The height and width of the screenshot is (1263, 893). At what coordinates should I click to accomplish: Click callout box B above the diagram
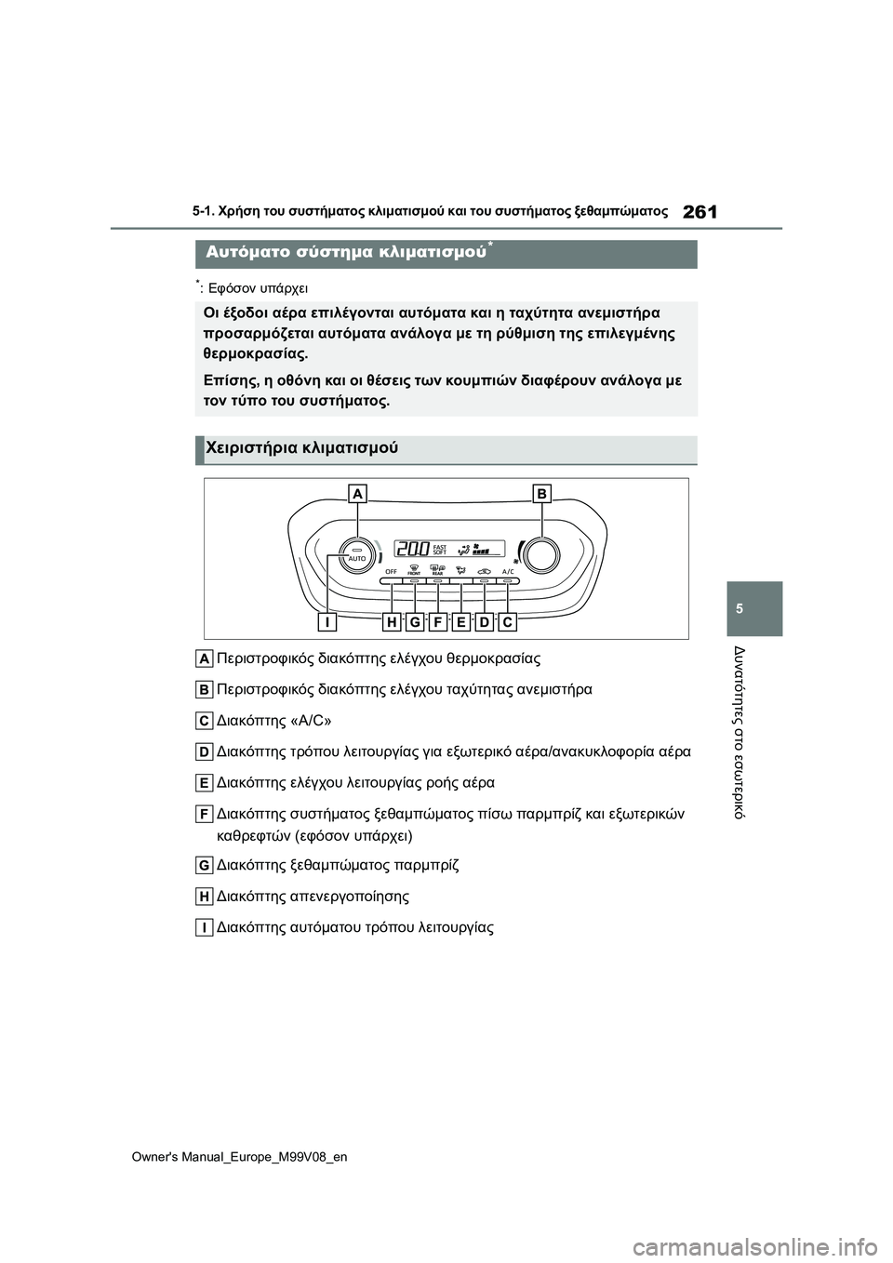541,494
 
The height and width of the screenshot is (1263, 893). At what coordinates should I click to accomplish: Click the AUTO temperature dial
356,555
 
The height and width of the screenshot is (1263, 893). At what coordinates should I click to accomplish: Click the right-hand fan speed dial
540,555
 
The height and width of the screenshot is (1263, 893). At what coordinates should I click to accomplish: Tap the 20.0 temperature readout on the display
412,550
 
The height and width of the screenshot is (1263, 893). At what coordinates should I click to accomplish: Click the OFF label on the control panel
392,571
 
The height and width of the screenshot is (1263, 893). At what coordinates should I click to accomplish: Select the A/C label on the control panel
508,571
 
